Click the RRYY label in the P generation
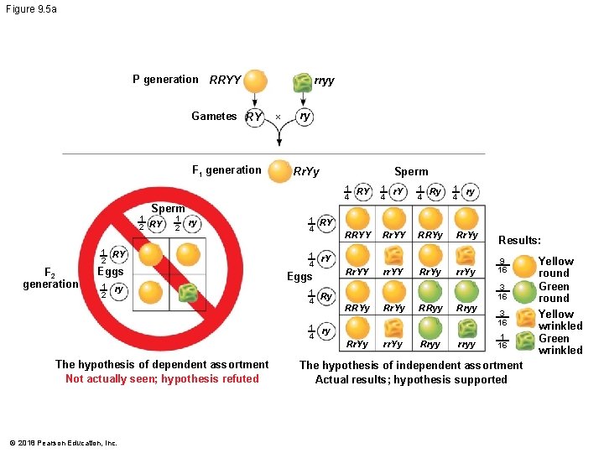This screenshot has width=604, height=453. tap(225, 81)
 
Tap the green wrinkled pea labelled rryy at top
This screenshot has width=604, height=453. tap(302, 81)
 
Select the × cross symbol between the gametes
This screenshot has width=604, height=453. tap(278, 117)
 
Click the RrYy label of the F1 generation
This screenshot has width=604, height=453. tap(306, 172)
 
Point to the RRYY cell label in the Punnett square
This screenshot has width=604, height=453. tap(358, 236)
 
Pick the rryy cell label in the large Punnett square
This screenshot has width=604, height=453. tap(466, 345)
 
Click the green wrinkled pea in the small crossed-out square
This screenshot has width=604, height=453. tap(188, 293)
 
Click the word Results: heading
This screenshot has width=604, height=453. tap(519, 241)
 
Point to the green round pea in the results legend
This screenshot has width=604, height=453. tap(524, 291)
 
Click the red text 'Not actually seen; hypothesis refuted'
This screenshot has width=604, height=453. tap(162, 379)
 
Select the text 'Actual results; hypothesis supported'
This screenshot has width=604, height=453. tap(411, 380)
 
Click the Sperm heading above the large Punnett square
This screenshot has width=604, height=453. tap(411, 171)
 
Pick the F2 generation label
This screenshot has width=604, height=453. tap(49, 278)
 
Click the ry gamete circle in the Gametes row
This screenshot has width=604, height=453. tap(305, 117)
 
